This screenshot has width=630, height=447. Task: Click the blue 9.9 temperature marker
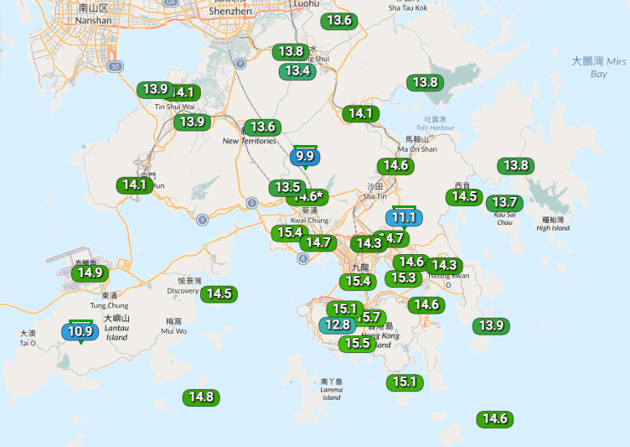point(305,156)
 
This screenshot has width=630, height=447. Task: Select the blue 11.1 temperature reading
point(404,217)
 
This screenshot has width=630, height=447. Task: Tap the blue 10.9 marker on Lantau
point(80,331)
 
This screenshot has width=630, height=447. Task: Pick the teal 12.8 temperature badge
point(337,325)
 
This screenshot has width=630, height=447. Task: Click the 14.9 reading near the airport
point(88,272)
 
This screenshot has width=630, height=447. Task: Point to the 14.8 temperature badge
point(201,398)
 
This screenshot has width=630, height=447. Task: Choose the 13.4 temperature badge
point(298,70)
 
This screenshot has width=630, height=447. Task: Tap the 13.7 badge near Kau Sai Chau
point(504,202)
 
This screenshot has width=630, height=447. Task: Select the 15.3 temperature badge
point(404,278)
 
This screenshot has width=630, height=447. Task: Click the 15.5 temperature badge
point(356,343)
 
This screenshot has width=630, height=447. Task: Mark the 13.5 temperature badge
point(287,187)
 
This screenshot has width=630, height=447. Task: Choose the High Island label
point(552,223)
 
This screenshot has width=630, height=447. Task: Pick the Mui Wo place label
point(174,326)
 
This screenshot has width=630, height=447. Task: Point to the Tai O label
point(28,338)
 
